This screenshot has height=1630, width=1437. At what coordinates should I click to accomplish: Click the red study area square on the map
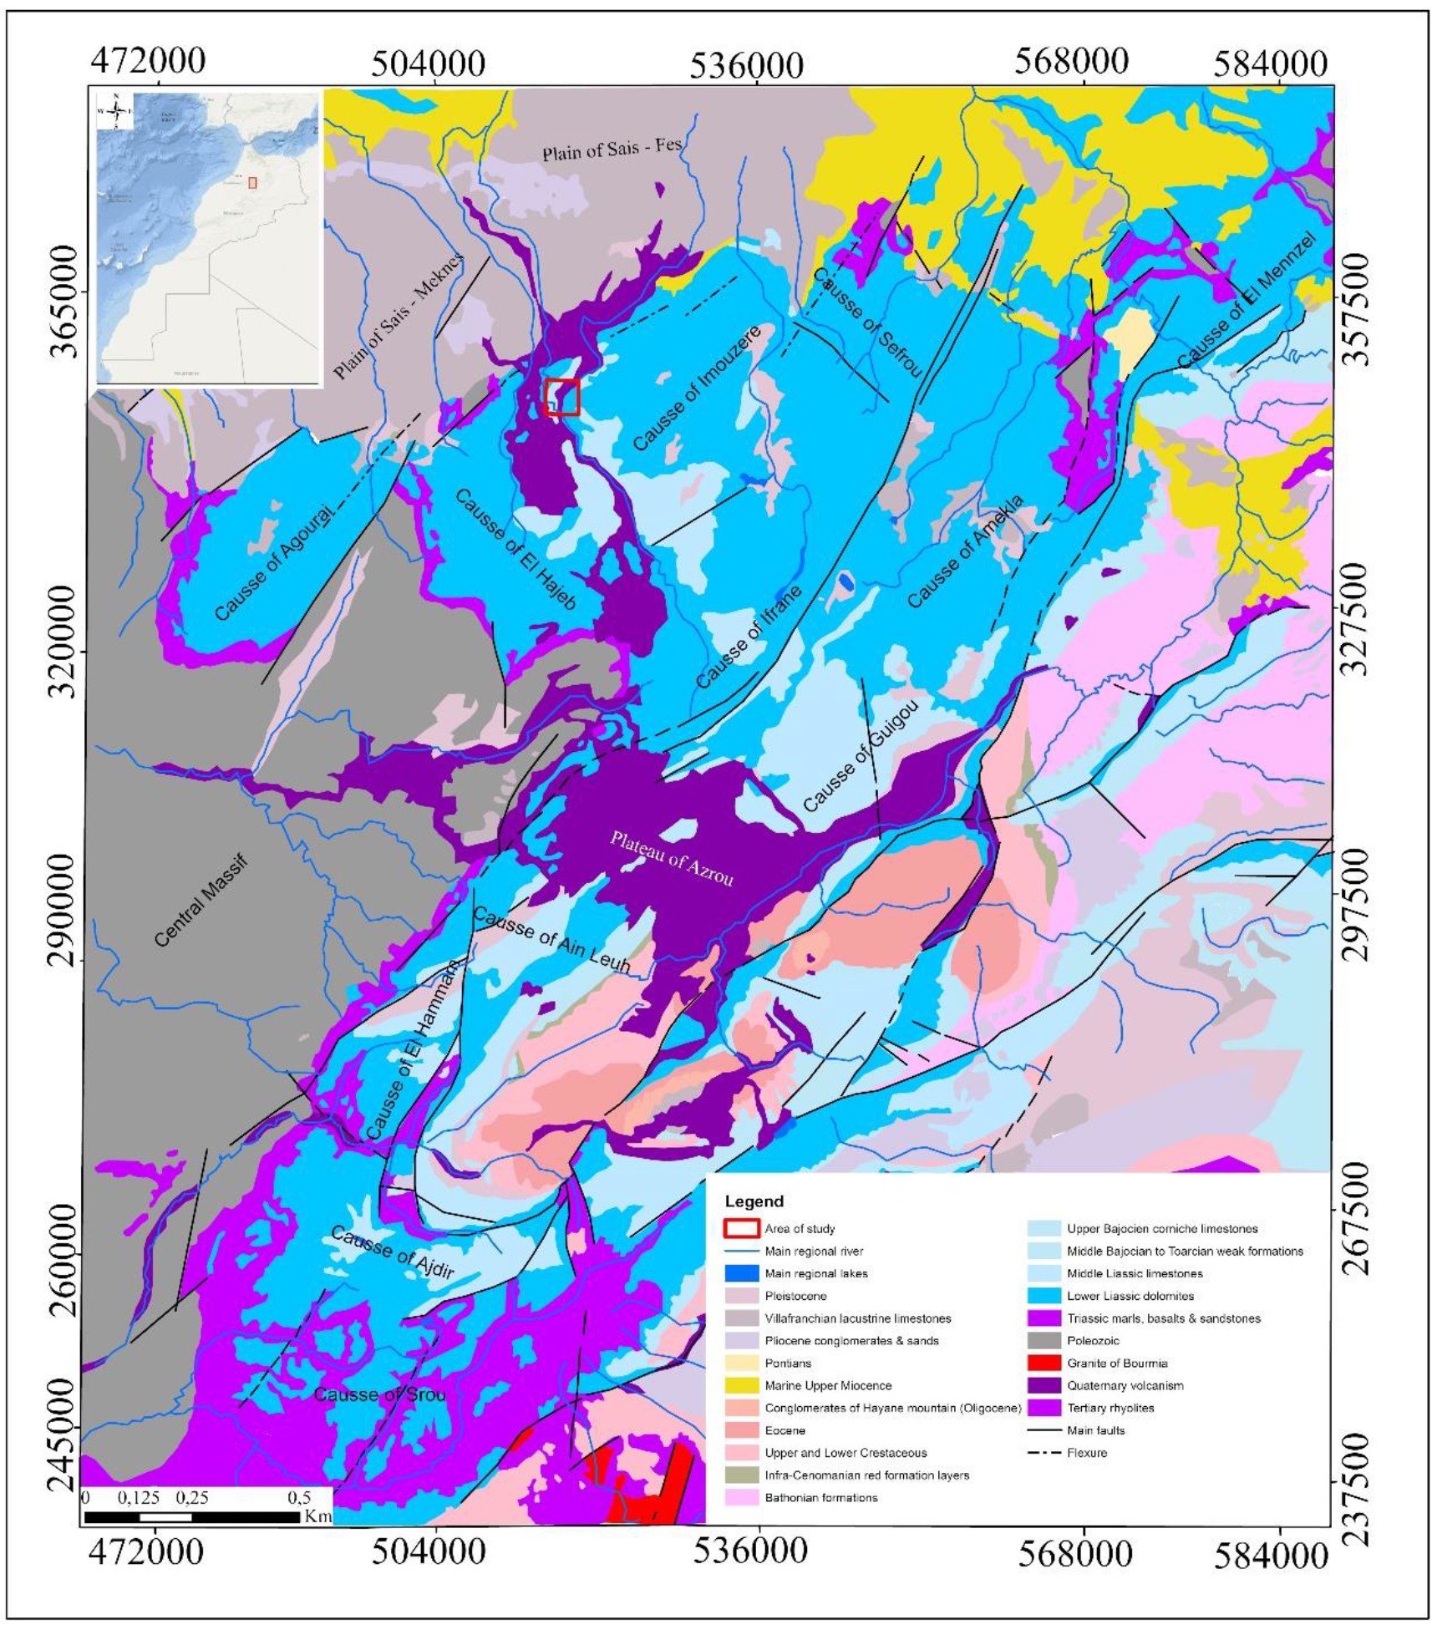(561, 397)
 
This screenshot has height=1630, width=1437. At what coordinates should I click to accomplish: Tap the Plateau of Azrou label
(671, 858)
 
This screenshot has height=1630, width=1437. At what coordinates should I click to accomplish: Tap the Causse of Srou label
(379, 1394)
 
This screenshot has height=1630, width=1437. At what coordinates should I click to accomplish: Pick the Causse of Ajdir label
(392, 1253)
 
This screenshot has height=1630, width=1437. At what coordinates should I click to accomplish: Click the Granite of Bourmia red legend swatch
(1043, 1363)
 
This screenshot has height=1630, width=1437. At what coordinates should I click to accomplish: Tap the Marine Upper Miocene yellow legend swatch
(741, 1385)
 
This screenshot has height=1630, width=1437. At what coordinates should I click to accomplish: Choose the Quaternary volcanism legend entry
(1125, 1385)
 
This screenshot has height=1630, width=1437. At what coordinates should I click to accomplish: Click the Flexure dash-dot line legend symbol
(1043, 1453)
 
